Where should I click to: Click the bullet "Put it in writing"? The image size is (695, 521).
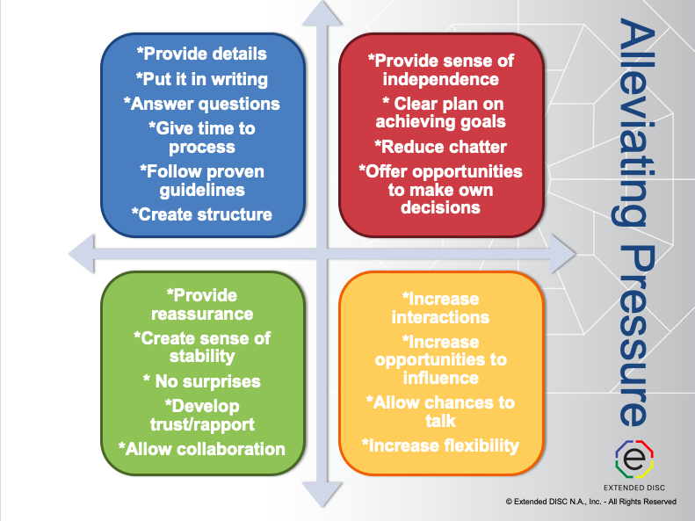(202, 79)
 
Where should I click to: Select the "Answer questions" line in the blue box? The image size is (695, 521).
(202, 104)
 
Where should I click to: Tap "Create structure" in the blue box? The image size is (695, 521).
(202, 214)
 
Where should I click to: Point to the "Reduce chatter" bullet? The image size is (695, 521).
(440, 147)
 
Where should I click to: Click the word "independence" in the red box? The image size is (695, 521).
(440, 79)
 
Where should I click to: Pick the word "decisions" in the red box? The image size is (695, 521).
(440, 207)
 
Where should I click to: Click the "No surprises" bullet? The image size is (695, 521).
(202, 381)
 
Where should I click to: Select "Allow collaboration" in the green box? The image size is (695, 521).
(202, 449)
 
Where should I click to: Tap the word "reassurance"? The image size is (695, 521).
(202, 315)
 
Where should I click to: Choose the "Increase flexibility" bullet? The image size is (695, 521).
(440, 445)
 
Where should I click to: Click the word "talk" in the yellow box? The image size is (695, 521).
(440, 421)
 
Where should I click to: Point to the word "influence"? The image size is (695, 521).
(440, 378)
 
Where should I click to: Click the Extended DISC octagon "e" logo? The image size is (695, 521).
(634, 459)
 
